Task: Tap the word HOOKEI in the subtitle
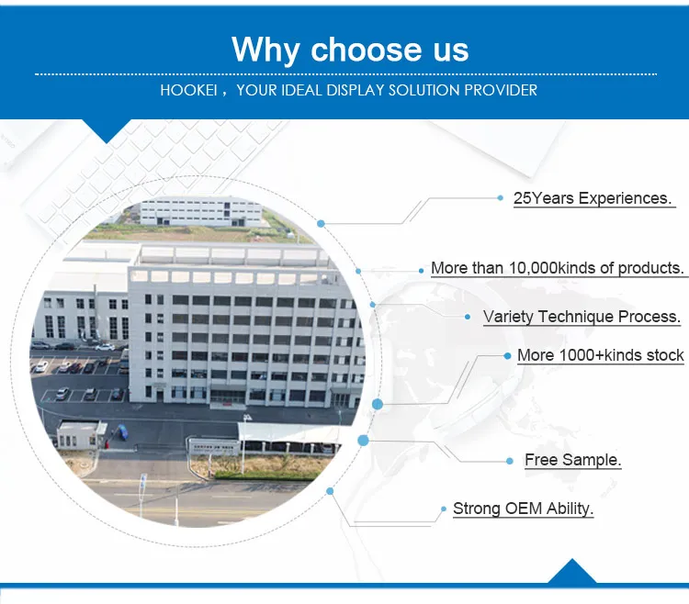pyautogui.click(x=188, y=91)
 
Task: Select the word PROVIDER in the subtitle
pyautogui.click(x=501, y=91)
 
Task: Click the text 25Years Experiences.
pyautogui.click(x=593, y=198)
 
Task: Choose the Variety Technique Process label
pyautogui.click(x=582, y=317)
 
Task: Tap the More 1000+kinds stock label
pyautogui.click(x=600, y=355)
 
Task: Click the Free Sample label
pyautogui.click(x=572, y=460)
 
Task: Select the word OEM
pyautogui.click(x=524, y=509)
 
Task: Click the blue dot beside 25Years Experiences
pyautogui.click(x=500, y=198)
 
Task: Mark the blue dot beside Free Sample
pyautogui.click(x=510, y=461)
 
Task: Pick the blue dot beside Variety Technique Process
pyautogui.click(x=468, y=317)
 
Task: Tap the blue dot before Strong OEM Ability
pyautogui.click(x=444, y=509)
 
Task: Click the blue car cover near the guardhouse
pyautogui.click(x=121, y=431)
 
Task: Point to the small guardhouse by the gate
pyautogui.click(x=82, y=434)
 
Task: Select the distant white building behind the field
pyautogui.click(x=201, y=212)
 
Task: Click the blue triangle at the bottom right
pyautogui.click(x=571, y=571)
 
